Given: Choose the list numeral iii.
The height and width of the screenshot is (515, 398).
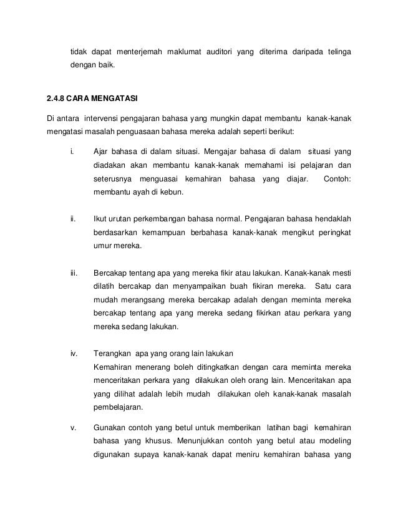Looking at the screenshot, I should pyautogui.click(x=74, y=272).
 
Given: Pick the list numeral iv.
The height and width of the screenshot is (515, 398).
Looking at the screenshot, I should pyautogui.click(x=74, y=354).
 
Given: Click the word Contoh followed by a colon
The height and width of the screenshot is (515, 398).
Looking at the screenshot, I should pyautogui.click(x=336, y=179).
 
